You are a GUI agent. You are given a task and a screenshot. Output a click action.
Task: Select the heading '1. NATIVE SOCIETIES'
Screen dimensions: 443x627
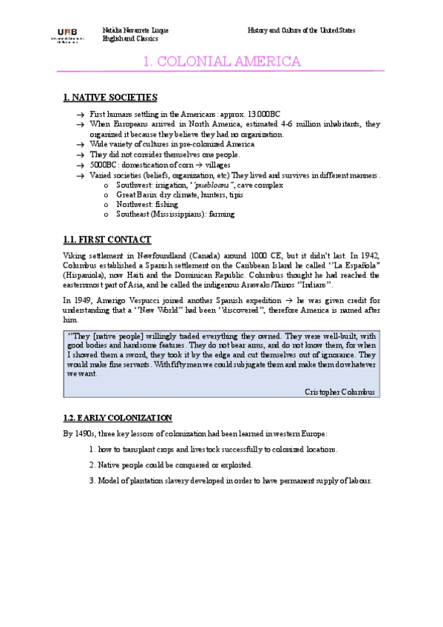coord(110,97)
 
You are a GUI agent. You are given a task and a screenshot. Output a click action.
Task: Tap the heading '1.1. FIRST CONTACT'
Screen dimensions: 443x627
coord(107,240)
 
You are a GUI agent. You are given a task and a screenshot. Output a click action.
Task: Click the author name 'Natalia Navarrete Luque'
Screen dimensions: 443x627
coord(135,30)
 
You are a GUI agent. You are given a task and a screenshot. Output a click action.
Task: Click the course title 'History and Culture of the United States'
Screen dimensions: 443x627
coord(301,30)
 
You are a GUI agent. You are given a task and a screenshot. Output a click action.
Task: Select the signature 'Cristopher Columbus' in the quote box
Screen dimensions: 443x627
coord(339,391)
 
